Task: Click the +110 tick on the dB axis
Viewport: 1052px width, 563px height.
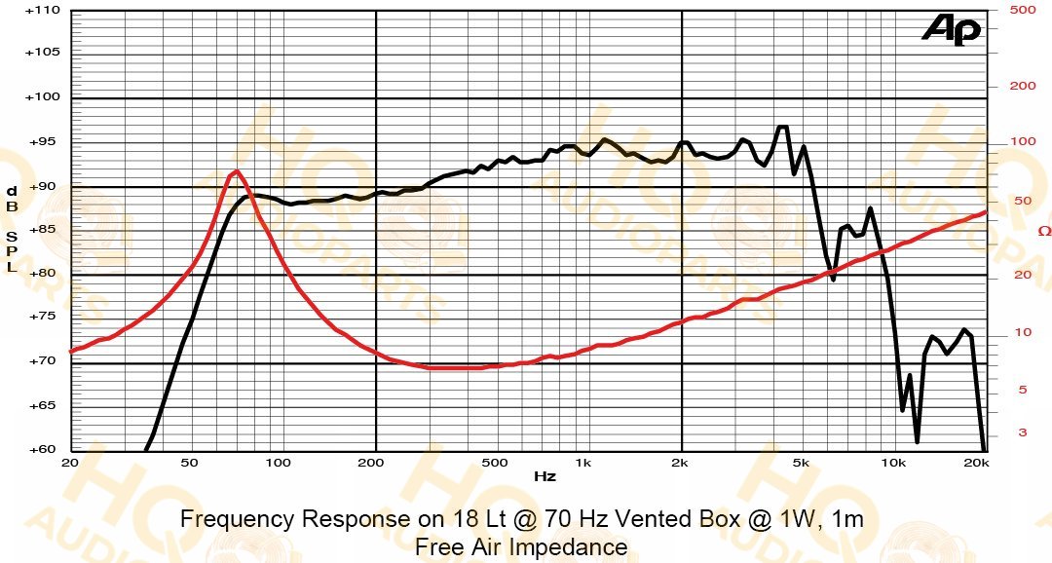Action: [42, 11]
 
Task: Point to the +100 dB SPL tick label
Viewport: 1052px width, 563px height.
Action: [42, 96]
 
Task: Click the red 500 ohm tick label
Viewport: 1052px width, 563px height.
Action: [1023, 10]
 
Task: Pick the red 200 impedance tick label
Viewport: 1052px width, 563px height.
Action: [1023, 86]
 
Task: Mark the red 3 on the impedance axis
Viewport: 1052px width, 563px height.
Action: [1023, 432]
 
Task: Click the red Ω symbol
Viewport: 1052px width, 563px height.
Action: [1044, 231]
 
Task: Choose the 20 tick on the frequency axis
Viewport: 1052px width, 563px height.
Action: [70, 463]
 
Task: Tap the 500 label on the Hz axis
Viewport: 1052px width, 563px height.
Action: [495, 463]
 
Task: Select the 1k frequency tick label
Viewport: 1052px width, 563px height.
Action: [583, 463]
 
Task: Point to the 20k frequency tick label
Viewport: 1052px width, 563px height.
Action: [976, 463]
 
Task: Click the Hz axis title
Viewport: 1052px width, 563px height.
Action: [545, 476]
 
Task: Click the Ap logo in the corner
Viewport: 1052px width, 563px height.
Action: [952, 29]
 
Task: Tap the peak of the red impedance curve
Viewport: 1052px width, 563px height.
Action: [236, 171]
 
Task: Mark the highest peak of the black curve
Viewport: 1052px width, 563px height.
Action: [782, 127]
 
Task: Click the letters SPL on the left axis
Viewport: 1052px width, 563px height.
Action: [12, 251]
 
